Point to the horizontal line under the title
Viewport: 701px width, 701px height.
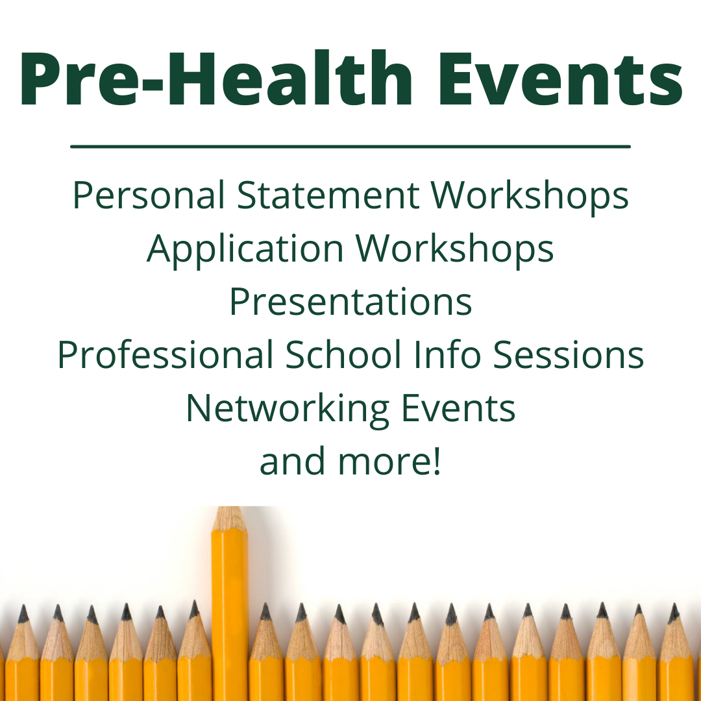tap(350, 147)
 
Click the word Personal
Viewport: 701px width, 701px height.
tap(149, 195)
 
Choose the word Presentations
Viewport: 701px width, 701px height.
tap(350, 302)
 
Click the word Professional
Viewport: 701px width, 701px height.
tap(165, 355)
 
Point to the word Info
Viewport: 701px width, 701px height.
tap(449, 355)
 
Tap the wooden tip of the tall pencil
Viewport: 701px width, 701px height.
tap(230, 519)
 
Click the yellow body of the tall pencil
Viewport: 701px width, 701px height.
tap(230, 617)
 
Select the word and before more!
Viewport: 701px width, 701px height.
tap(290, 461)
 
